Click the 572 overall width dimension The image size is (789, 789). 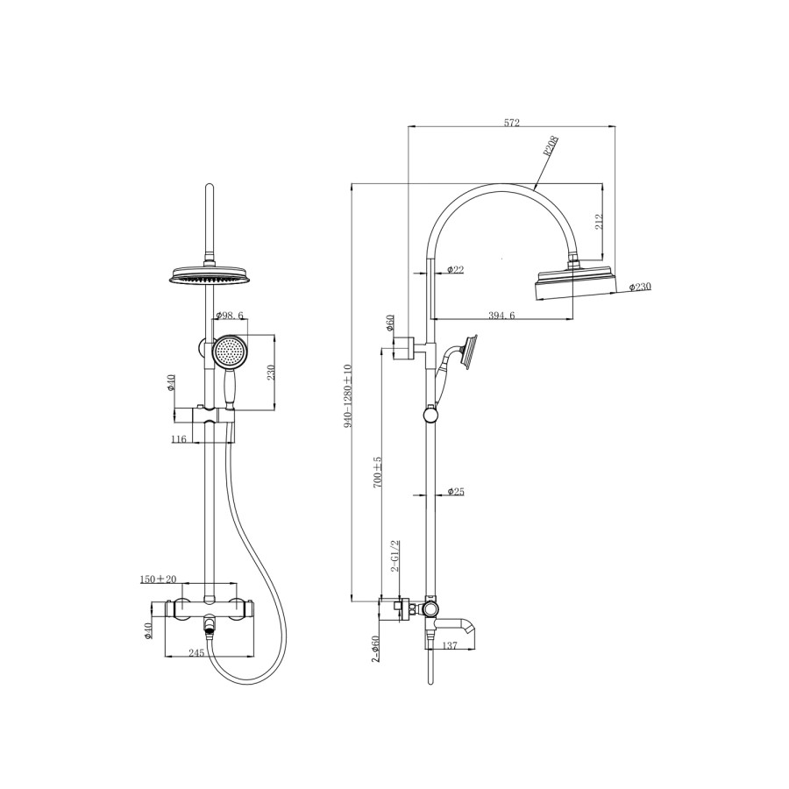click(x=513, y=124)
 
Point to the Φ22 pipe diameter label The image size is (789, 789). click(x=455, y=269)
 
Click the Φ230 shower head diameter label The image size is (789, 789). click(x=639, y=287)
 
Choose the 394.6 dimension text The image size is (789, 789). click(x=501, y=315)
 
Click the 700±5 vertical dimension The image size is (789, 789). click(x=378, y=472)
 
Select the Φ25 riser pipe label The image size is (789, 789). click(x=455, y=492)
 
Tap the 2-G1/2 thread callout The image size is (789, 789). click(x=395, y=557)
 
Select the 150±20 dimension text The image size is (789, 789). click(x=159, y=579)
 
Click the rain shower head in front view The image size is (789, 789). click(x=209, y=276)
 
